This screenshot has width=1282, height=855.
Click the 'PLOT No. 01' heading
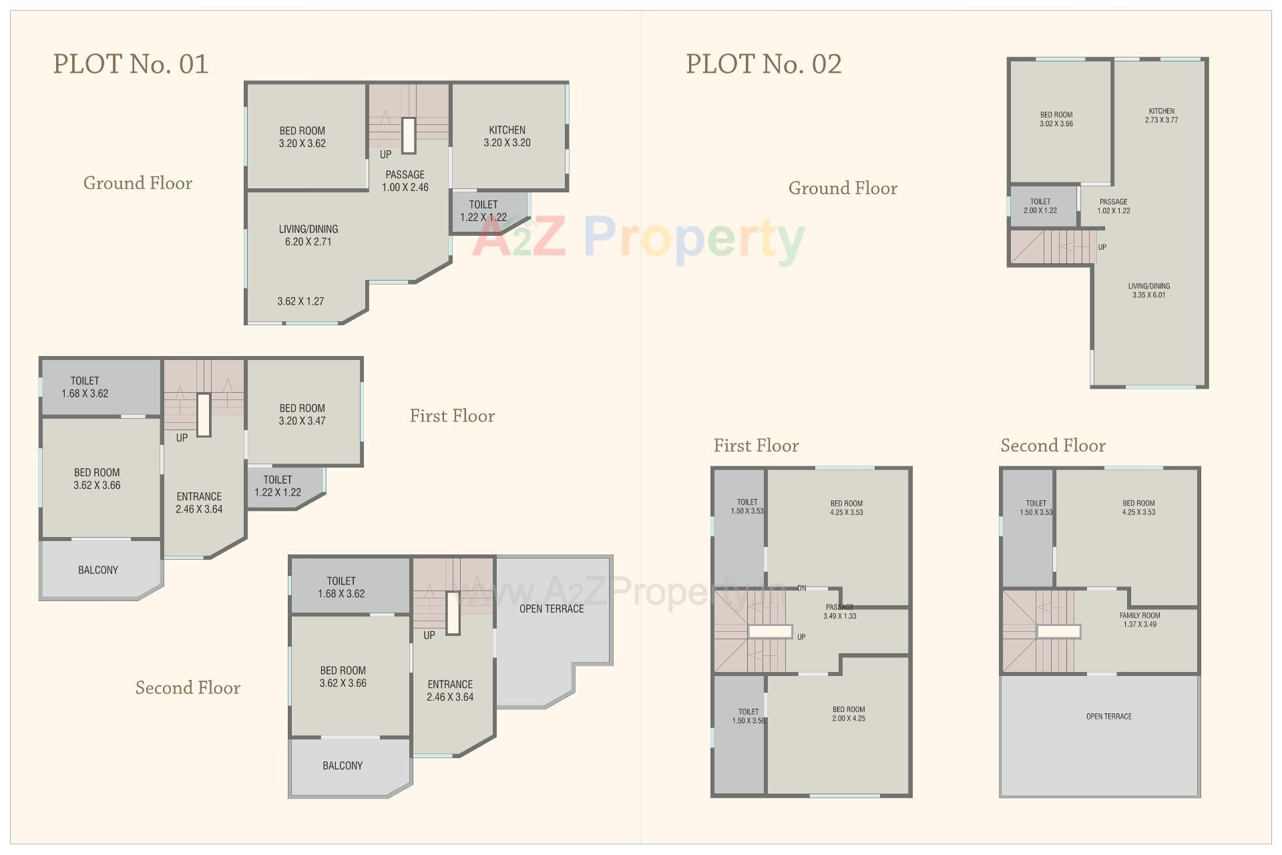(131, 64)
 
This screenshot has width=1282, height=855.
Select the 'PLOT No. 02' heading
(764, 64)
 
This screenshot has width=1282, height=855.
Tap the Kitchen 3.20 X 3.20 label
(507, 136)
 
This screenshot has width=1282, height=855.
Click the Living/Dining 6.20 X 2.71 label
(308, 235)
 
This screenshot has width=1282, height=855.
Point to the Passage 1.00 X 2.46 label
(405, 181)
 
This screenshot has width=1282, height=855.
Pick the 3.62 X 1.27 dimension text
(300, 301)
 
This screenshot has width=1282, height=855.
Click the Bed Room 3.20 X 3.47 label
(302, 414)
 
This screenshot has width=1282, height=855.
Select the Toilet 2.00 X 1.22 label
(1040, 206)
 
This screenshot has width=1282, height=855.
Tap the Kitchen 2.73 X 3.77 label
(1161, 116)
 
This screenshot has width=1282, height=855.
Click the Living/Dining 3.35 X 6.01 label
(1148, 291)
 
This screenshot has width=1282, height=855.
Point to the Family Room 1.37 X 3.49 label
(1139, 620)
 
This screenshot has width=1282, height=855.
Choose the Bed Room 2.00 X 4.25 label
(848, 714)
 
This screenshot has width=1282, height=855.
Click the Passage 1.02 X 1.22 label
(1113, 206)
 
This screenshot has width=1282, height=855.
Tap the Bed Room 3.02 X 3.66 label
(1056, 119)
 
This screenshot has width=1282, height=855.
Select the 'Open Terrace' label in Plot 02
(1108, 717)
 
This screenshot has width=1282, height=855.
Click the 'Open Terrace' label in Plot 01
(552, 609)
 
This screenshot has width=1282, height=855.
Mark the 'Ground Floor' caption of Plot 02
(843, 188)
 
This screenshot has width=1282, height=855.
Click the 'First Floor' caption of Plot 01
(452, 416)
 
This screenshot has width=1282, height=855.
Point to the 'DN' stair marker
(801, 588)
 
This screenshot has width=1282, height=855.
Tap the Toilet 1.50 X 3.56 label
(748, 716)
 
